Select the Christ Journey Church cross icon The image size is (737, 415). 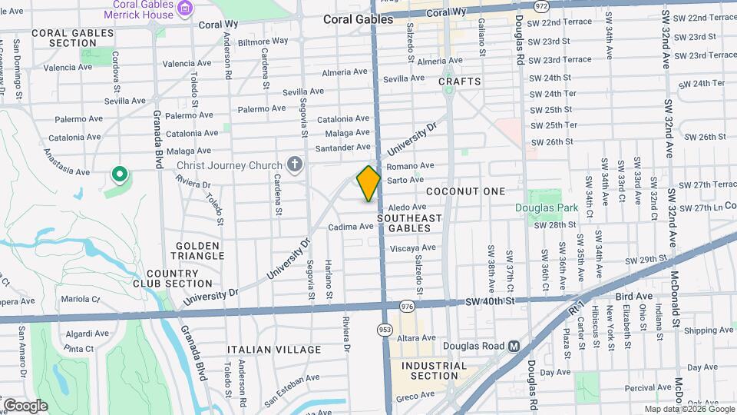(293, 164)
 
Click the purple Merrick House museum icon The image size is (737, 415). (183, 8)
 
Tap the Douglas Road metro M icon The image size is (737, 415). (514, 346)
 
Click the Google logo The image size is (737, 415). (25, 405)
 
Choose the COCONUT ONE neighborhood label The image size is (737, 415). (465, 191)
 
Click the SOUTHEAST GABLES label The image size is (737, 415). (410, 223)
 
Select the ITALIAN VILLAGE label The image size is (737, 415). (274, 350)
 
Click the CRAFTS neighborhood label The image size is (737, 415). (460, 81)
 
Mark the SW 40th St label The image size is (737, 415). (488, 301)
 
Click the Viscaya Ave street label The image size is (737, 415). (413, 247)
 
